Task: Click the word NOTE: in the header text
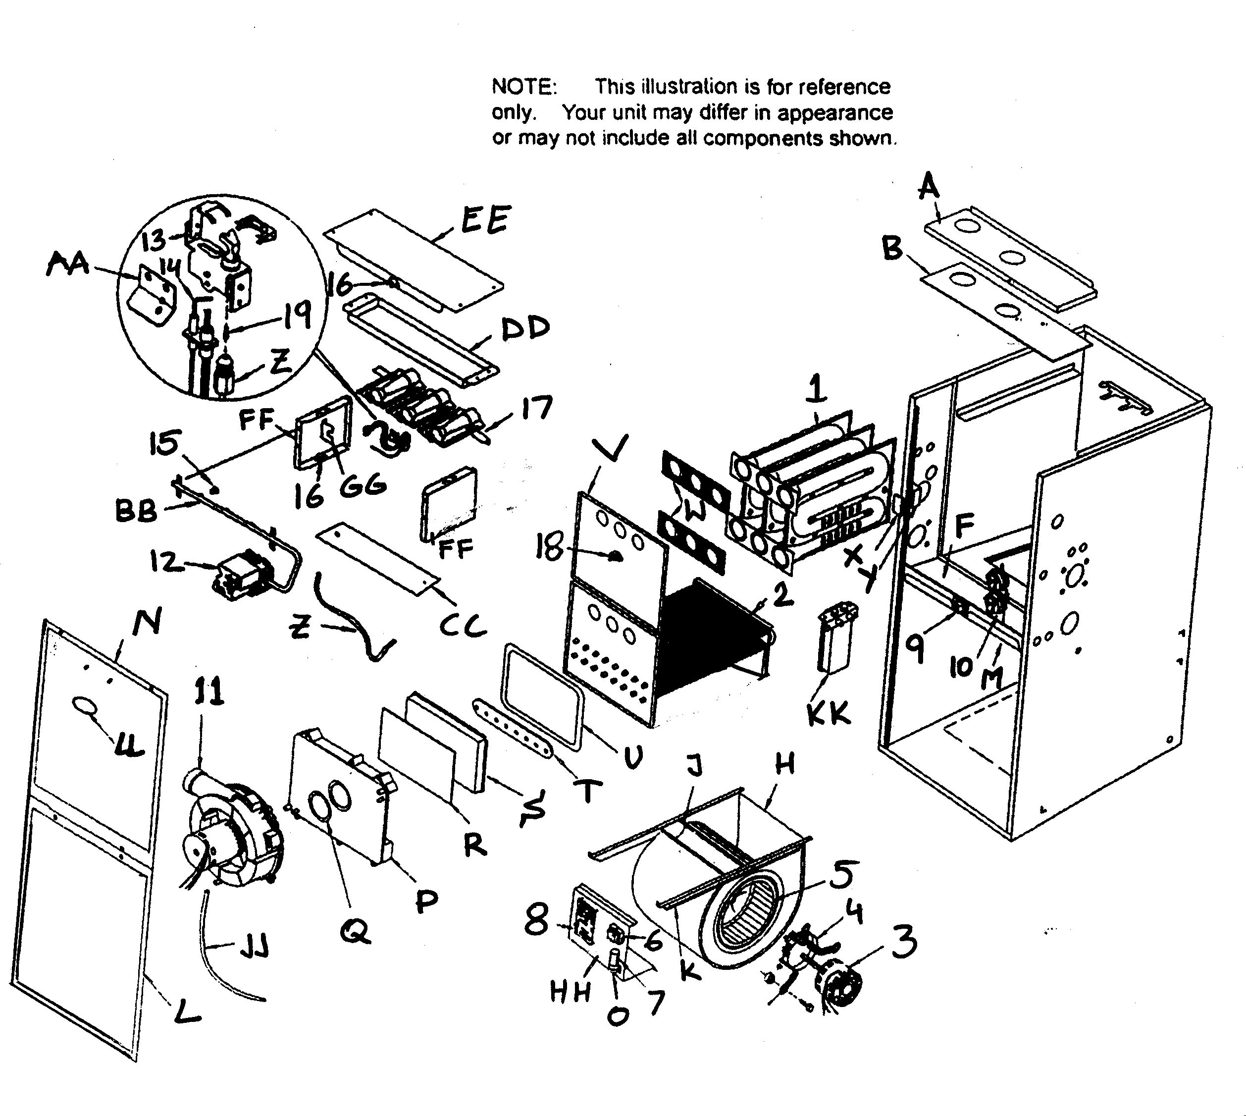(x=524, y=87)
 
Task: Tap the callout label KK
(x=829, y=713)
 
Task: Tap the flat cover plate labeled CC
(x=377, y=558)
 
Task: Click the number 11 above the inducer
(x=208, y=693)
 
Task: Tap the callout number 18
(x=549, y=546)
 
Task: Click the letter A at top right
(x=929, y=185)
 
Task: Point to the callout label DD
(x=525, y=329)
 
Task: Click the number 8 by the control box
(x=537, y=920)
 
